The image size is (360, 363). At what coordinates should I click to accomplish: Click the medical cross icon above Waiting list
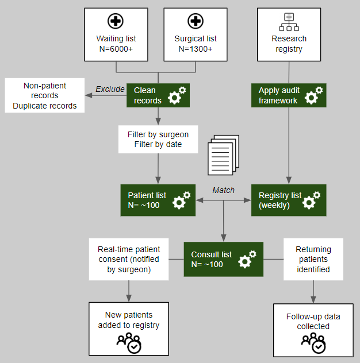[x=116, y=22]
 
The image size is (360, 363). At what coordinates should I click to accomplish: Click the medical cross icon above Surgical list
[x=196, y=22]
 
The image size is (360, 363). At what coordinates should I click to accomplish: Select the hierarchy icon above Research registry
[x=289, y=22]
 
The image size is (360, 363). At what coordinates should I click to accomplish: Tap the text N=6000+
[x=116, y=49]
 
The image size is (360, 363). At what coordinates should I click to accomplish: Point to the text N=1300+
[x=196, y=49]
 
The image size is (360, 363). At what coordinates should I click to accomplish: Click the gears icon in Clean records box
[x=177, y=95]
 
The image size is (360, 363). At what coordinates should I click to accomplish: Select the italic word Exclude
[x=110, y=89]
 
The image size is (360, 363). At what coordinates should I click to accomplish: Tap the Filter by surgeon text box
[x=158, y=140]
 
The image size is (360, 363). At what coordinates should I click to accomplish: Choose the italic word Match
[x=223, y=190]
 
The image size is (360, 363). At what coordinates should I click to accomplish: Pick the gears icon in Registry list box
[x=312, y=200]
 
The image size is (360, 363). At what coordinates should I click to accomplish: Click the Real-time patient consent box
[x=129, y=260]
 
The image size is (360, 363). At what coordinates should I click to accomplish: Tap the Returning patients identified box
[x=313, y=260]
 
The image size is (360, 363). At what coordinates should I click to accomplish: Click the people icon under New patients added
[x=129, y=342]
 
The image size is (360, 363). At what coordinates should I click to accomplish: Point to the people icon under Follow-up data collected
[x=313, y=343]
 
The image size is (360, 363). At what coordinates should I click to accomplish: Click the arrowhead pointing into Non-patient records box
[x=88, y=95]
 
